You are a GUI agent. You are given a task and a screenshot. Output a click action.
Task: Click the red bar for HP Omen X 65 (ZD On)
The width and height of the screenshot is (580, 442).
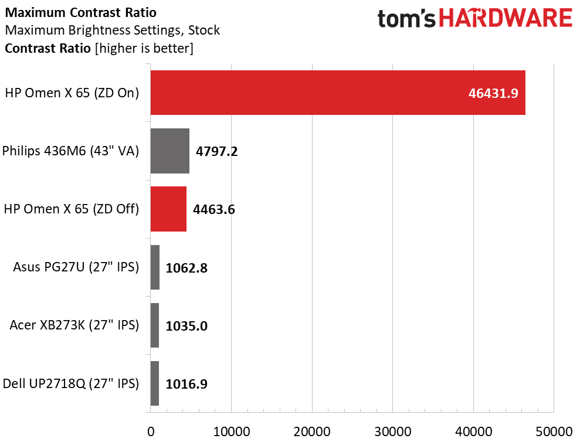338,93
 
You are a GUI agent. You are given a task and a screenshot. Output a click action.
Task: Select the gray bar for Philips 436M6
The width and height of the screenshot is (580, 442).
170,151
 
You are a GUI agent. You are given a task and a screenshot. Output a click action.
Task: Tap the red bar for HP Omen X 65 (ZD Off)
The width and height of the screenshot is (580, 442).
168,209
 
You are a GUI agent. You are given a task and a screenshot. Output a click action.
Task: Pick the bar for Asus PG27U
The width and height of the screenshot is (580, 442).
155,267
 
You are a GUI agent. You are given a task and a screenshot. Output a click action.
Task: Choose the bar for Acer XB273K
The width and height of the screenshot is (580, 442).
155,325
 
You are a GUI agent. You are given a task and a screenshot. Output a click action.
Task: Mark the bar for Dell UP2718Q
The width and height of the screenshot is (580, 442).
155,383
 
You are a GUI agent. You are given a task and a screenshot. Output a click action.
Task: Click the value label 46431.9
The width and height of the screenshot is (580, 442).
493,93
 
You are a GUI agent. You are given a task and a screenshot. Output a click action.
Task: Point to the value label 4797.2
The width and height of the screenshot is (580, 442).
217,151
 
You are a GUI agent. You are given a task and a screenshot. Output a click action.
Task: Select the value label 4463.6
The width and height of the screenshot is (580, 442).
214,210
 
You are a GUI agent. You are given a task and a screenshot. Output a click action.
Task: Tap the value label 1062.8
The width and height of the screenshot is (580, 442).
186,268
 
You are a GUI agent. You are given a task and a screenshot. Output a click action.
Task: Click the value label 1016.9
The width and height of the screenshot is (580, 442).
186,384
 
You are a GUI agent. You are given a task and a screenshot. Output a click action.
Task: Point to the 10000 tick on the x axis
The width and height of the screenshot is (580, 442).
232,431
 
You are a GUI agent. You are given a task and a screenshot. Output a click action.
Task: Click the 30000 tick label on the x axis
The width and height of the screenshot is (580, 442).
393,431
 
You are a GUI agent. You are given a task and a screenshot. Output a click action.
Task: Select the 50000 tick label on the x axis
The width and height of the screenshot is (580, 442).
554,431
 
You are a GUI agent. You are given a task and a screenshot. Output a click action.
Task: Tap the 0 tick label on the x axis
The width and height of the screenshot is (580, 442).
151,431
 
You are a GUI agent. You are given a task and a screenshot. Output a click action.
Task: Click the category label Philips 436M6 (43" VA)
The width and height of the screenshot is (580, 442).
70,151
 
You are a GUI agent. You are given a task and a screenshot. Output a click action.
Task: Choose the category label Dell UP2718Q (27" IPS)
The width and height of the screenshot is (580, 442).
71,383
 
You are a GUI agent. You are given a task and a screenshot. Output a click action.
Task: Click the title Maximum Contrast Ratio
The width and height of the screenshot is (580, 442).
81,12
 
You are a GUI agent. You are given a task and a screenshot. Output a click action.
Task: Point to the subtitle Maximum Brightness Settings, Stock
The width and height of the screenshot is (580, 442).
113,30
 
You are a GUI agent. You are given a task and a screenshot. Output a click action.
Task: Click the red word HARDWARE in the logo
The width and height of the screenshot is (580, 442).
506,19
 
